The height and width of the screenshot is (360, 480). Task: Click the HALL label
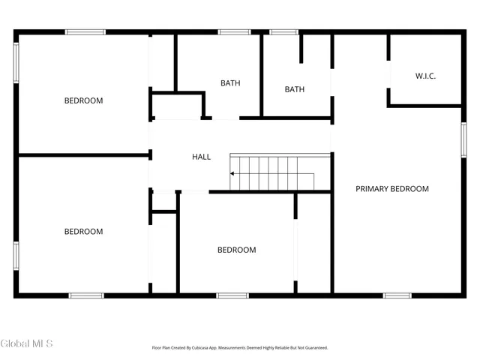click(x=201, y=157)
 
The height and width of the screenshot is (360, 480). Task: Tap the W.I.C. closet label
click(x=425, y=76)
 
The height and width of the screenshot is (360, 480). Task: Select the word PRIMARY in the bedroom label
click(x=373, y=189)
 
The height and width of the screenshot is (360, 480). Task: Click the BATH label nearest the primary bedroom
click(x=294, y=90)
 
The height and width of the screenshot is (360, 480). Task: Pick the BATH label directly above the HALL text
click(x=230, y=83)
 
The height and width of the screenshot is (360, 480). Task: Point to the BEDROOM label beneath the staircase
click(x=236, y=250)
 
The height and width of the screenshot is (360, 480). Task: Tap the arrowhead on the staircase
click(x=232, y=173)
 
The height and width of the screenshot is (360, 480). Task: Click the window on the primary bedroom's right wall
click(x=463, y=139)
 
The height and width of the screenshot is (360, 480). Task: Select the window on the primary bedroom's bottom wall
click(x=397, y=295)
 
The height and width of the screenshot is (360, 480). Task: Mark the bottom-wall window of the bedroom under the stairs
click(x=232, y=295)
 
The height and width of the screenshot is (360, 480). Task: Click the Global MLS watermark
click(x=27, y=343)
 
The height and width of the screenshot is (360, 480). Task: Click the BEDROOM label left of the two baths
click(x=83, y=100)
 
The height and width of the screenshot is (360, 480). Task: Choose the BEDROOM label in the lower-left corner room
click(x=83, y=232)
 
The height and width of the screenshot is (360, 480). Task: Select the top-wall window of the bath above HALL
click(x=234, y=31)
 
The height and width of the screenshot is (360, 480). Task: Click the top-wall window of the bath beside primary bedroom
click(x=283, y=31)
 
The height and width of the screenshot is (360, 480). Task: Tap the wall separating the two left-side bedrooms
click(x=82, y=155)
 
